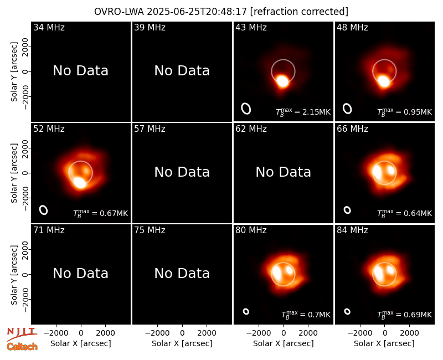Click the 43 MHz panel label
click(251, 27)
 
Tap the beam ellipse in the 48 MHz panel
click(347, 109)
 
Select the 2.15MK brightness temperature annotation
click(303, 112)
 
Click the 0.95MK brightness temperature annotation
click(405, 112)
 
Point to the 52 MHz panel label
click(49, 129)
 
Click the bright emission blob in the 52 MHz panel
click(80, 183)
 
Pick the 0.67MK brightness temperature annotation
click(101, 213)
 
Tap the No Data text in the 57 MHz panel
click(182, 172)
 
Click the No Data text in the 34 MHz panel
click(80, 71)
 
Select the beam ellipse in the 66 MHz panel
click(347, 210)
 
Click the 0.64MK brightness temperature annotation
click(405, 213)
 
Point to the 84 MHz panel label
click(352, 230)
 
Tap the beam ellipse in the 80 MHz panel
click(246, 311)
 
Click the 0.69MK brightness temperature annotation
click(405, 315)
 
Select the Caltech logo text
click(22, 347)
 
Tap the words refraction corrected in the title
click(300, 12)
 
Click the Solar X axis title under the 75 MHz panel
click(182, 343)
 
